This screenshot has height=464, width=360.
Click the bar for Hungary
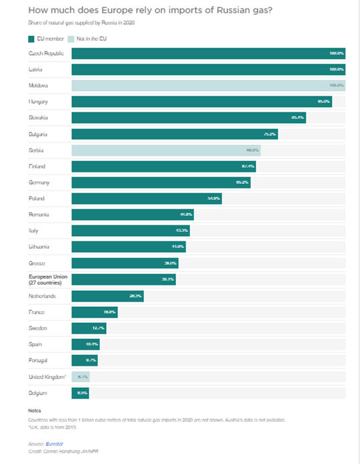coord(201,102)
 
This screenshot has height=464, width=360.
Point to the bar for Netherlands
coord(107,296)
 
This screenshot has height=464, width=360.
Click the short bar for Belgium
coord(81,392)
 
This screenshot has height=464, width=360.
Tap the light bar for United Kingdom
coord(80,376)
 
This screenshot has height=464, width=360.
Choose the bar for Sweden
coord(88,328)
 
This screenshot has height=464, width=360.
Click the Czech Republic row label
coord(45,53)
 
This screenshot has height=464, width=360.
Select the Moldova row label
coord(39,86)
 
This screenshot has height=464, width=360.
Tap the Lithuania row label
coord(41,247)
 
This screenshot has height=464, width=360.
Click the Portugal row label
coord(39,360)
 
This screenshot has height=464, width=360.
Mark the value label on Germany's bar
coord(242,183)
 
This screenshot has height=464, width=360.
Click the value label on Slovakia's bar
coord(298,118)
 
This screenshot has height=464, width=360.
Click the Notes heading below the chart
coord(35,411)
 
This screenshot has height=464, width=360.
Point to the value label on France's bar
coord(110,312)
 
